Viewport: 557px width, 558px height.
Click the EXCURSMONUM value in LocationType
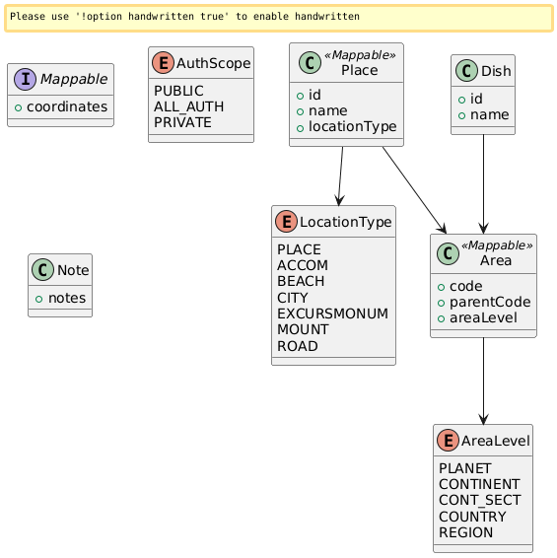click(332, 313)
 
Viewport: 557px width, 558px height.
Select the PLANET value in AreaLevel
click(468, 468)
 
